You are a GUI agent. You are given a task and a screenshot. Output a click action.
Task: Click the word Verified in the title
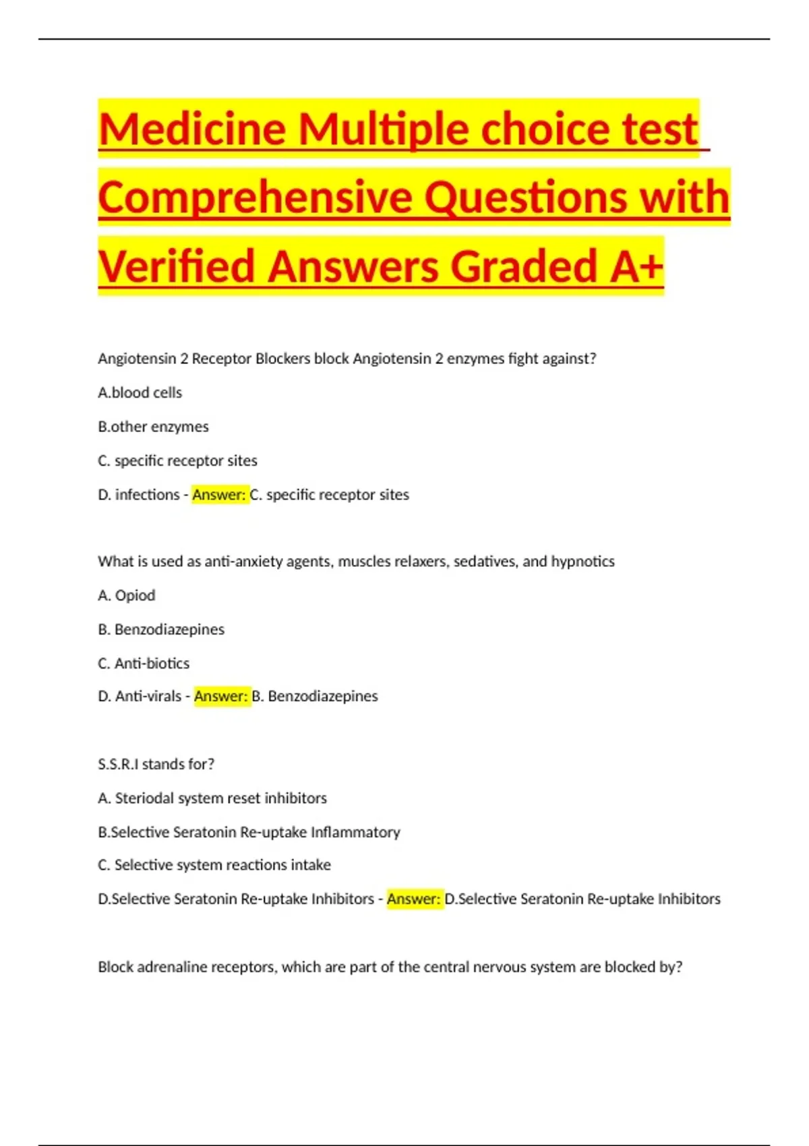(177, 266)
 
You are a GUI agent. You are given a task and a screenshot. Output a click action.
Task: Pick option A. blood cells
(140, 392)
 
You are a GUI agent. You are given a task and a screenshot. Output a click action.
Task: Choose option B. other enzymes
(153, 427)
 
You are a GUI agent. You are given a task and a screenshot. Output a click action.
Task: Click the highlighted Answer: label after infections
(219, 495)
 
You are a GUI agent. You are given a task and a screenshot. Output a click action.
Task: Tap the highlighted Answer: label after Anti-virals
(221, 696)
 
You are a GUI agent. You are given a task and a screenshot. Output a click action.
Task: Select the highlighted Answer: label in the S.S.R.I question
(414, 899)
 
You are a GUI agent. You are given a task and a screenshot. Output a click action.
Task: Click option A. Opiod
(127, 595)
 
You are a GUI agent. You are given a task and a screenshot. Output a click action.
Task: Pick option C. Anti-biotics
(144, 663)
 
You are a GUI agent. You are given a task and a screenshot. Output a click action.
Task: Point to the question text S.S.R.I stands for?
(156, 764)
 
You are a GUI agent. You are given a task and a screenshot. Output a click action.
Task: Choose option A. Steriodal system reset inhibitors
(212, 798)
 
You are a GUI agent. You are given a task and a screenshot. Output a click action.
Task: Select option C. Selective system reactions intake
(214, 865)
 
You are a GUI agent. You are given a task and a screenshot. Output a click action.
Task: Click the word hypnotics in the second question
(582, 562)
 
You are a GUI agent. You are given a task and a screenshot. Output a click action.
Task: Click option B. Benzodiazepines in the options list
(161, 630)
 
